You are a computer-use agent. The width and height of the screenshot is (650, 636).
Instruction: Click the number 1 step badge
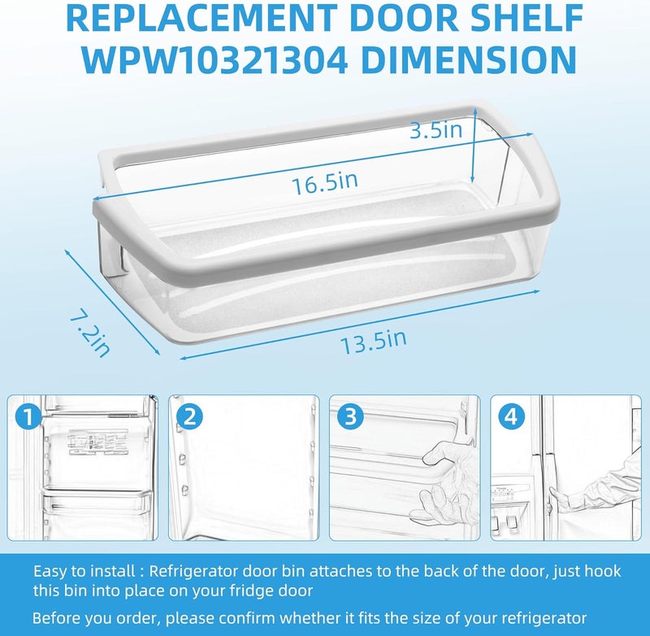point(29,417)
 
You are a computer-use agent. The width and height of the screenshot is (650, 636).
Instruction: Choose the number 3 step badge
point(350,417)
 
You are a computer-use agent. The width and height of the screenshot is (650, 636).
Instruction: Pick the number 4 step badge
point(510,417)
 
